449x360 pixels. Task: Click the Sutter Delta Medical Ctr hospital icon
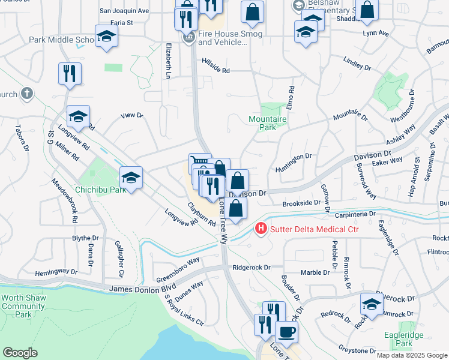pos(262,229)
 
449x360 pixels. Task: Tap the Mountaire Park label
pos(268,123)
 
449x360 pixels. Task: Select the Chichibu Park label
pos(100,190)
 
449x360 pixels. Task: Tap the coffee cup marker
pos(286,331)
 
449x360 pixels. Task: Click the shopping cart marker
pos(200,163)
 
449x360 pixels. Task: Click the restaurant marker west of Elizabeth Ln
pos(70,73)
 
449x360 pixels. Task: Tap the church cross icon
pos(26,94)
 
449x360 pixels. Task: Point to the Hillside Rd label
pos(216,70)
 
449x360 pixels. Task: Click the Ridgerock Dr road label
pos(252,267)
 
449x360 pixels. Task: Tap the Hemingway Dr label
pos(56,272)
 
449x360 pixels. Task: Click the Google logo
pos(20,352)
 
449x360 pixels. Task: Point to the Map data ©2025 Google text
pos(411,355)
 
